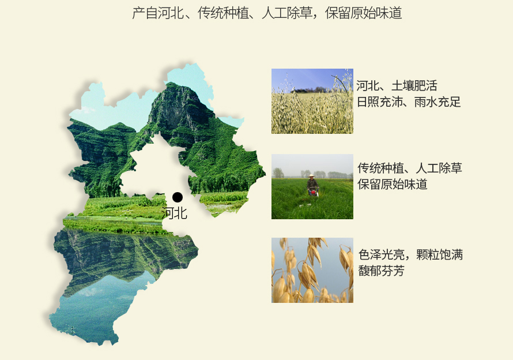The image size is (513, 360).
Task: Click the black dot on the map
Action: (178, 197)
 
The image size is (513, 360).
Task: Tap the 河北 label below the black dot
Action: (175, 213)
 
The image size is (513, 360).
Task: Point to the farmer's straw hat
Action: (311, 176)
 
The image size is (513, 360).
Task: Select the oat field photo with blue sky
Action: (312, 101)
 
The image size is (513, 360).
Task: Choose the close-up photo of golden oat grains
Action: (312, 270)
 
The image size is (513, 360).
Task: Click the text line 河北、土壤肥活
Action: (397, 86)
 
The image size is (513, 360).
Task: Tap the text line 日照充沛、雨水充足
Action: (409, 102)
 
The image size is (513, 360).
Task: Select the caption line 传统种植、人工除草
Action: (410, 168)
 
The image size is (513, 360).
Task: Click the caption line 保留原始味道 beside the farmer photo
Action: (393, 184)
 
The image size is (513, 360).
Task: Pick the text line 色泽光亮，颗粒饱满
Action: (410, 254)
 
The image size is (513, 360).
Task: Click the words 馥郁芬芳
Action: (382, 271)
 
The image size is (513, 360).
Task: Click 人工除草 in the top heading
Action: (287, 13)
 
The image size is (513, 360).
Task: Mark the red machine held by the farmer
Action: (314, 193)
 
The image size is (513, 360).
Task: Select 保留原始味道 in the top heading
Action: (363, 13)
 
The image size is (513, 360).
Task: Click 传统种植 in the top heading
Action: (223, 13)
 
